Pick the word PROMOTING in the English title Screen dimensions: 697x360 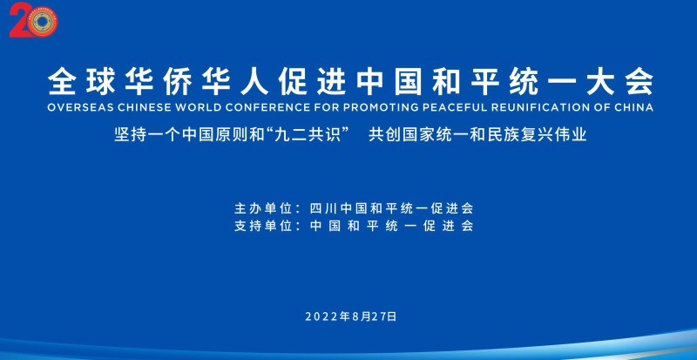point(356,107)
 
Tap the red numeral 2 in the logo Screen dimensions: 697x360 point(19,20)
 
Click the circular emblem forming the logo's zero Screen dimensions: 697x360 point(42,22)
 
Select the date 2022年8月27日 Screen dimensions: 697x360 point(351,316)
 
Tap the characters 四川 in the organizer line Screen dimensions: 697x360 point(323,207)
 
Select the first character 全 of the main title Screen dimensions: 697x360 point(61,82)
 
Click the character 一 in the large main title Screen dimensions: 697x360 point(563,82)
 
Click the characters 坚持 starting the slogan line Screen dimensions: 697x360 point(126,134)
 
